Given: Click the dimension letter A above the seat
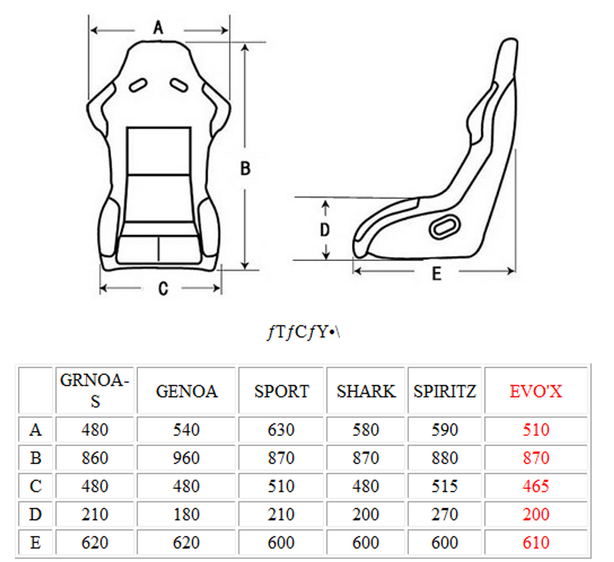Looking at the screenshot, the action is pyautogui.click(x=158, y=28).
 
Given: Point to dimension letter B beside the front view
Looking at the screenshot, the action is pyautogui.click(x=245, y=169).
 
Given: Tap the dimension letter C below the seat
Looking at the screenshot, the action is pyautogui.click(x=163, y=289).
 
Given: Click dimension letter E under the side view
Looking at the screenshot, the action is pyautogui.click(x=437, y=274).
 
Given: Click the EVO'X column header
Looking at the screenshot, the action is pyautogui.click(x=536, y=391).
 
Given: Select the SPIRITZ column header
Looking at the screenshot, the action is pyautogui.click(x=445, y=391).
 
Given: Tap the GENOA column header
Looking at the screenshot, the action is pyautogui.click(x=187, y=391).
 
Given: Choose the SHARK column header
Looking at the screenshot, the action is pyautogui.click(x=366, y=391).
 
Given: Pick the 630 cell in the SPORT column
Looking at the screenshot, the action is pyautogui.click(x=281, y=430).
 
